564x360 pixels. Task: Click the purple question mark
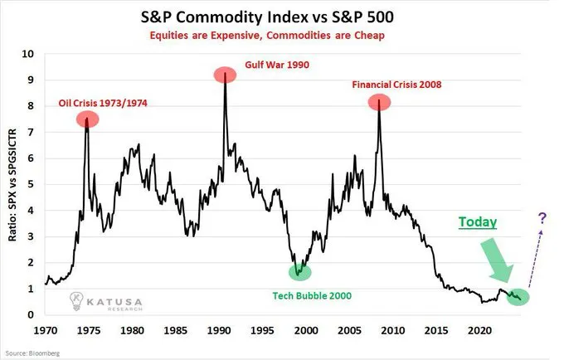point(542,218)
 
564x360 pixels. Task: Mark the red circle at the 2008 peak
point(379,103)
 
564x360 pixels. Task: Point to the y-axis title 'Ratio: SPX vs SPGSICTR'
point(14,184)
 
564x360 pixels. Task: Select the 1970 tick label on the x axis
point(45,328)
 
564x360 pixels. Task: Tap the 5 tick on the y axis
point(31,184)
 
